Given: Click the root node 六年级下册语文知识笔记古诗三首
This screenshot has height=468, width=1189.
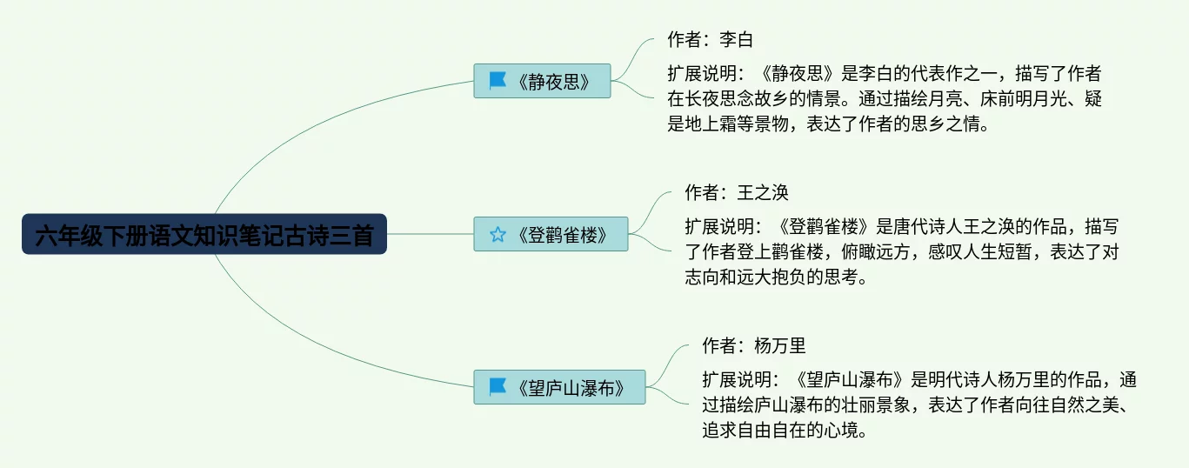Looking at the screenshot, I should click(204, 235).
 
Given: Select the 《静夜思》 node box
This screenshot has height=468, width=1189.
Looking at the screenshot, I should click(542, 81).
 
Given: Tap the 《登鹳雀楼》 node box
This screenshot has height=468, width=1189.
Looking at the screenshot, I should click(551, 234).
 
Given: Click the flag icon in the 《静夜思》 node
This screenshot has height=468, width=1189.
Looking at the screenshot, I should click(498, 81).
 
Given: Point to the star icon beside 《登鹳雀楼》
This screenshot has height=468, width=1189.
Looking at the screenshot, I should click(498, 234).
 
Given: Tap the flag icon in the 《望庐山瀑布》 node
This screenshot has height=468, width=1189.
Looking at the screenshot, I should click(498, 387).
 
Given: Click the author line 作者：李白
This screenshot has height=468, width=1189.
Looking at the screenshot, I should click(710, 40).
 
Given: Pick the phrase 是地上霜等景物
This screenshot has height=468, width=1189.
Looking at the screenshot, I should click(729, 124).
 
